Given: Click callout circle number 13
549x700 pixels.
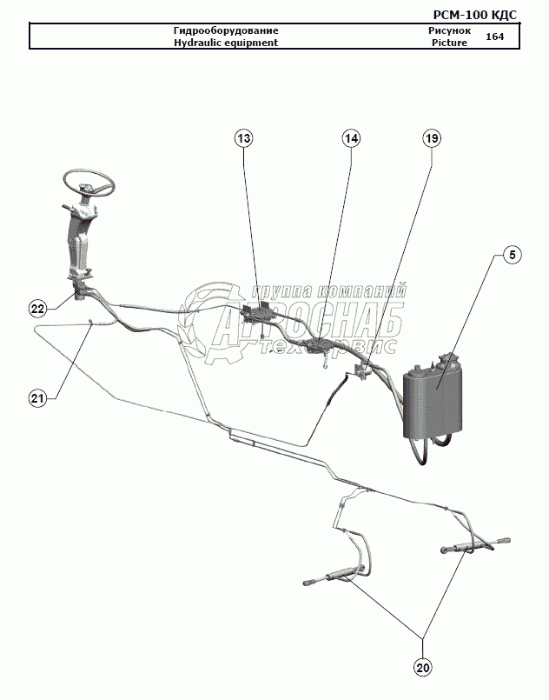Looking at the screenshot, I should click(x=244, y=138).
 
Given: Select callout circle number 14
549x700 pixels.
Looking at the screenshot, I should click(x=351, y=138).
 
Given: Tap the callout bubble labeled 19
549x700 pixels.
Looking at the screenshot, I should click(x=432, y=138).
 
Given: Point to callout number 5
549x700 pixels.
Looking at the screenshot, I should click(x=512, y=255).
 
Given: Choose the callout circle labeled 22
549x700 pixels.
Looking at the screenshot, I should click(x=37, y=308).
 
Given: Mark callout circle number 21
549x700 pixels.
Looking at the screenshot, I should click(x=37, y=398).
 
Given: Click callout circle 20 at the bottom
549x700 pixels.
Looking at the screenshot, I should click(x=423, y=667).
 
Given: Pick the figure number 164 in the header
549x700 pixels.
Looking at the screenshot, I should click(x=494, y=37).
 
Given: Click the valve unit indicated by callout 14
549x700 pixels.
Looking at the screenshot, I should click(x=320, y=345).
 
